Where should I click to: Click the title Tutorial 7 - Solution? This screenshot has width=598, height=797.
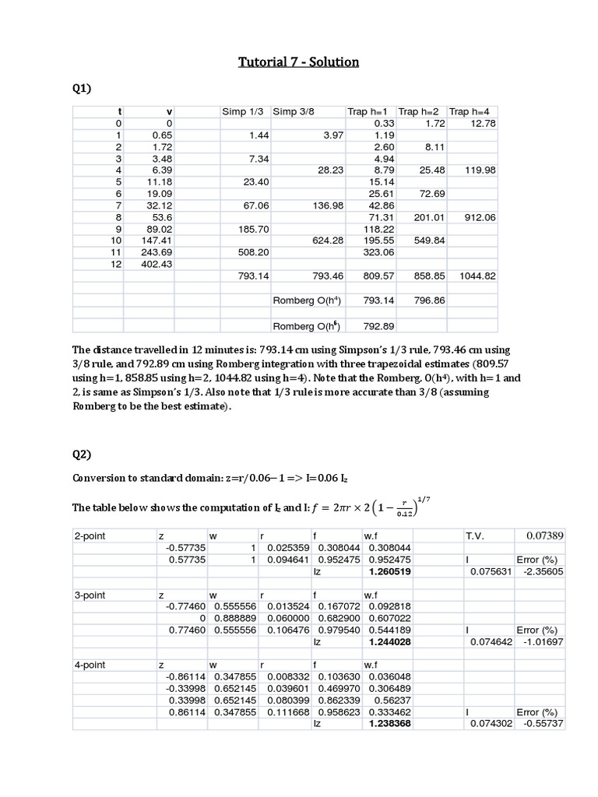[x=299, y=61]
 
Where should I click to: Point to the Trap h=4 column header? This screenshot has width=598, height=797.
[x=473, y=112]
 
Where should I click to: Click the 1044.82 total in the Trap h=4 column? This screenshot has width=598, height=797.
[x=475, y=276]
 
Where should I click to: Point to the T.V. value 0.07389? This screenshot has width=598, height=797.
[x=545, y=535]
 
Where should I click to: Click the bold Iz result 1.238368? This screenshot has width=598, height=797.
[x=389, y=723]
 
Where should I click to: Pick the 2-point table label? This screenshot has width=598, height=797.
[x=90, y=536]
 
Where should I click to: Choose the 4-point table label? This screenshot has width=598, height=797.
[x=90, y=665]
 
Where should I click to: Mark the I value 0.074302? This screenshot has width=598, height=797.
[x=490, y=723]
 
